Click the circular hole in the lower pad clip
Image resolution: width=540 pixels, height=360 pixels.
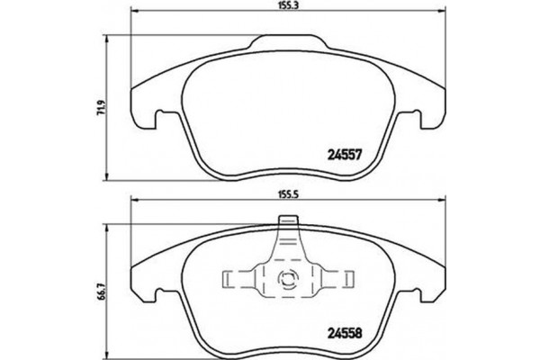(290, 278)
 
